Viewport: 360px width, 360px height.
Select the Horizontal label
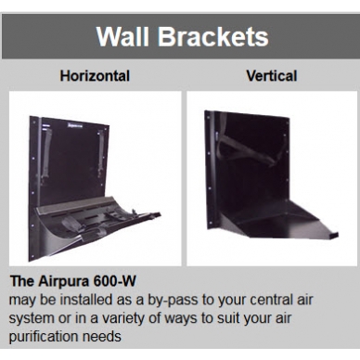(95, 76)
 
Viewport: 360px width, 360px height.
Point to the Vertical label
(271, 76)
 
